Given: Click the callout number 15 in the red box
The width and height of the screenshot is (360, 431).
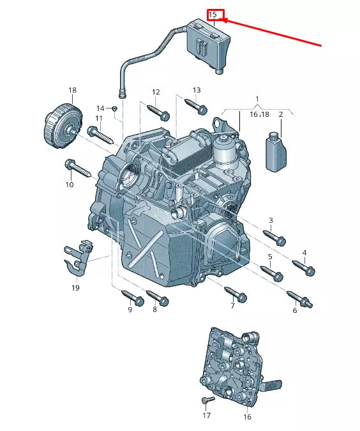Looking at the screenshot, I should tap(214, 14).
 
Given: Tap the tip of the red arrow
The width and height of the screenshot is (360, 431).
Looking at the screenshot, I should tap(224, 21).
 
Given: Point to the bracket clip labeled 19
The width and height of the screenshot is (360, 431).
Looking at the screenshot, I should tap(76, 260).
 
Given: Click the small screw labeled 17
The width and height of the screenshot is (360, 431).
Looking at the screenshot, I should tap(206, 400).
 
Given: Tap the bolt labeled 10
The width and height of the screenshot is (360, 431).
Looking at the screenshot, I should tap(80, 170).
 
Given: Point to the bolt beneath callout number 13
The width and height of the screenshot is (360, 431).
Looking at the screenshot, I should tap(196, 106).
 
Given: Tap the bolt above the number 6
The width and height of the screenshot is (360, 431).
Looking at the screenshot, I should tap(299, 298).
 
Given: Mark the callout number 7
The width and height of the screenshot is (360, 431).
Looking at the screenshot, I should tap(232, 306).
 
